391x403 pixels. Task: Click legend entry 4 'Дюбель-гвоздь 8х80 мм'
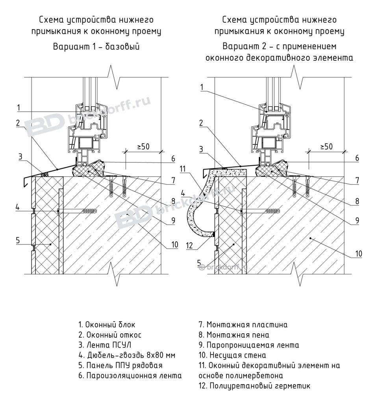click(x=126, y=355)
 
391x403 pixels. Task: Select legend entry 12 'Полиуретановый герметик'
click(x=254, y=386)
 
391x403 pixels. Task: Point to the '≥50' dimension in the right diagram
click(x=326, y=146)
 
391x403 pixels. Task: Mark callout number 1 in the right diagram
click(x=201, y=87)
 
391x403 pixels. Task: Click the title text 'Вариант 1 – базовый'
click(x=97, y=46)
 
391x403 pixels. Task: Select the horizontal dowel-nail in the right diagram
click(x=260, y=211)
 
